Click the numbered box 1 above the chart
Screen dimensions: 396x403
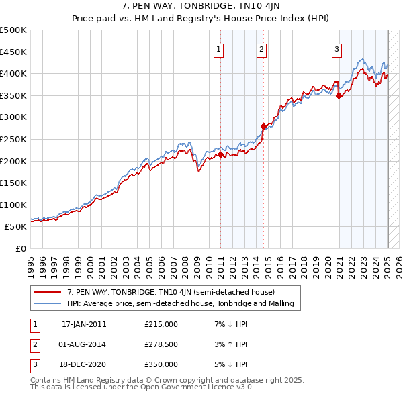tap(220, 48)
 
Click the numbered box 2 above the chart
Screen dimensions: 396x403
tap(261, 48)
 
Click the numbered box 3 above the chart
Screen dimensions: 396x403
tap(337, 48)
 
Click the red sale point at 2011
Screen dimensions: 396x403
tap(220, 154)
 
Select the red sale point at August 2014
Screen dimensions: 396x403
tap(263, 126)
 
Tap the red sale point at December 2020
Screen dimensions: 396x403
tap(339, 95)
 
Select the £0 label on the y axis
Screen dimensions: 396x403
tap(21, 248)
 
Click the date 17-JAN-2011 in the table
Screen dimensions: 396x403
tap(84, 324)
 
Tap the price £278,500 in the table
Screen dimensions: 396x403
tap(161, 344)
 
